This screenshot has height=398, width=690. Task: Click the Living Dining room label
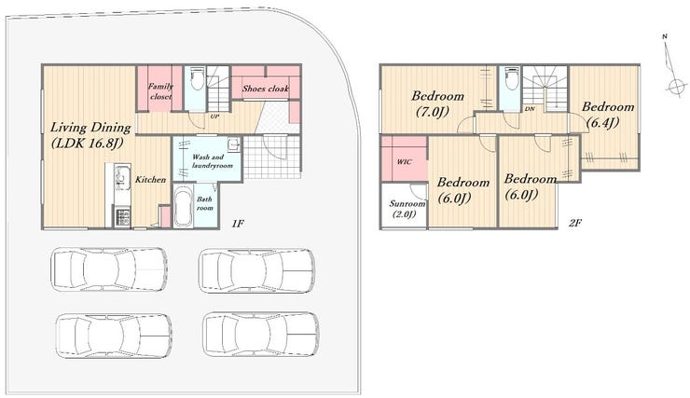pos(90,135)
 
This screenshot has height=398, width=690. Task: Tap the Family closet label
pos(160,91)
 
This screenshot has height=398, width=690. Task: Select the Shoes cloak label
pos(266,89)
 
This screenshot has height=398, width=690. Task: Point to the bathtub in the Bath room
pos(184,206)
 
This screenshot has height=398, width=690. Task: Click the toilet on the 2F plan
pos(511,78)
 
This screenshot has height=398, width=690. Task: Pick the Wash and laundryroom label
pos(212,161)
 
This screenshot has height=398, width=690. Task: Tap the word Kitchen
pos(150,180)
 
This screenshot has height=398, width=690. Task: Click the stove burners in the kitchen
pos(123,217)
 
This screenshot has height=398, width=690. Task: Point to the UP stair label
pos(214,117)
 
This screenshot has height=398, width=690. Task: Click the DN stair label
pos(530,109)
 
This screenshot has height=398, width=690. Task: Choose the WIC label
pos(405,162)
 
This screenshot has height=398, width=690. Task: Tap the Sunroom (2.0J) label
pos(407,210)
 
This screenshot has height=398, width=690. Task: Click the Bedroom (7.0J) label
pos(437,103)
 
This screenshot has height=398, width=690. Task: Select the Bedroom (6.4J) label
pos(608,115)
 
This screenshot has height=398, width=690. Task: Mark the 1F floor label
pos(238,224)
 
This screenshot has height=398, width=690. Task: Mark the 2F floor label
pos(574,223)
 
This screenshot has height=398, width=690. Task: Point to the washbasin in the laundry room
pos(234,144)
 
